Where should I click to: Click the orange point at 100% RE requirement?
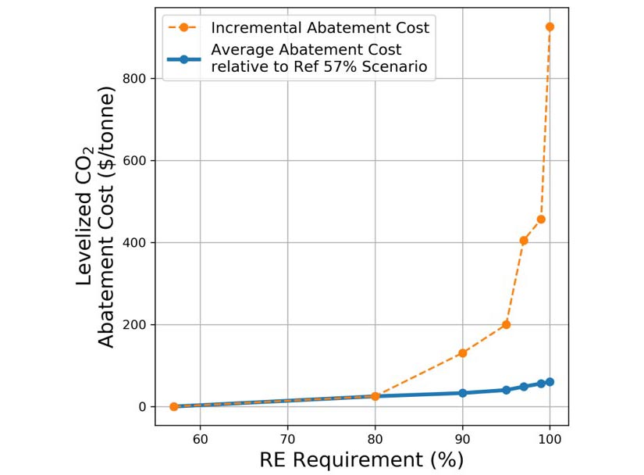(x=550, y=27)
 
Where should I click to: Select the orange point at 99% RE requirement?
(x=541, y=220)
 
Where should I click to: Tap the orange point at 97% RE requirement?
(x=524, y=241)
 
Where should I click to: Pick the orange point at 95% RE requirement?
(x=506, y=324)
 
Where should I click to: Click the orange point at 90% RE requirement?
(x=462, y=353)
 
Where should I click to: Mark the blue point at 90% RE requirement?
(x=462, y=393)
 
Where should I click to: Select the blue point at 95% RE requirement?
(x=506, y=390)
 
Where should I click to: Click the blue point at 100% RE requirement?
(x=550, y=382)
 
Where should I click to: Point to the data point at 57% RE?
(x=174, y=406)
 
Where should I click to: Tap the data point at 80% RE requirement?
(x=375, y=396)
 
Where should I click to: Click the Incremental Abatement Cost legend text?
(x=319, y=28)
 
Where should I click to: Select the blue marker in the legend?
(x=183, y=59)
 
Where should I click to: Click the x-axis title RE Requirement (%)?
(x=361, y=459)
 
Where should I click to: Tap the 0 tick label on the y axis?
(x=144, y=407)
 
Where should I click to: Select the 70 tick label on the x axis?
(x=287, y=437)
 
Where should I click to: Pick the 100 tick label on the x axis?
(x=550, y=437)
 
